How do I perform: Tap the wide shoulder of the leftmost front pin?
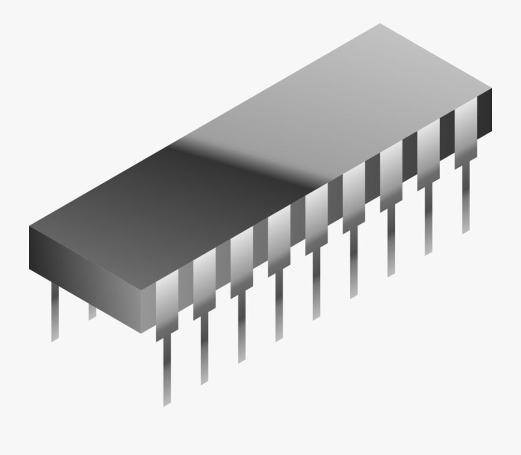click(167, 301)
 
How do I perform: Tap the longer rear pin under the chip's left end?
click(55, 313)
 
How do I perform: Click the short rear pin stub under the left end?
click(92, 312)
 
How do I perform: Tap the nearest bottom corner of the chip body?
click(141, 332)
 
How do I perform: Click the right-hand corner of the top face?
click(491, 88)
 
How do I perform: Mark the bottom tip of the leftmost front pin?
click(167, 403)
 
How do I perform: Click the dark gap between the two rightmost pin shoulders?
click(447, 139)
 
